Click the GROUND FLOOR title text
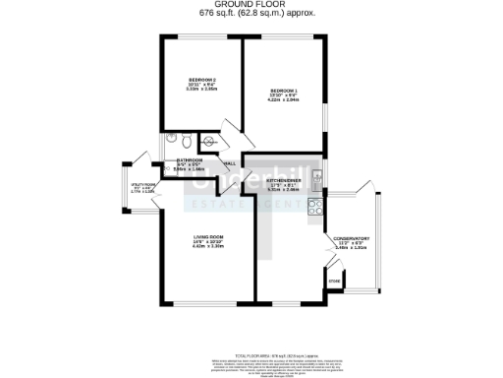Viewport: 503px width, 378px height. point(251,5)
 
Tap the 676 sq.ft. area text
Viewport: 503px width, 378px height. point(251,14)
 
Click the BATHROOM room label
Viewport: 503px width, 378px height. point(190,159)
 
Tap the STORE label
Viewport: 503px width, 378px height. point(334,282)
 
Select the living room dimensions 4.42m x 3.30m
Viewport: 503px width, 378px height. point(210,247)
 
